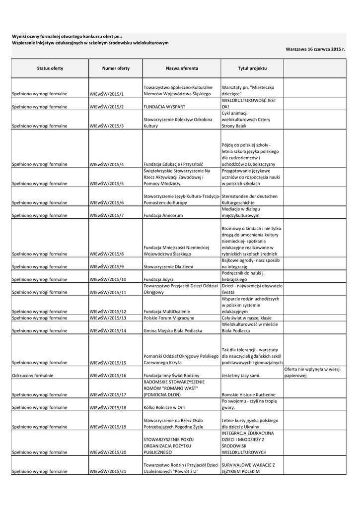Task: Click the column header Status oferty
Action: coord(50,68)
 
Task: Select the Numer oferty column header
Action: coord(116,68)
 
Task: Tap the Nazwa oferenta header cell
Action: coord(182,68)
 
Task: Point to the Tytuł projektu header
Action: coord(252,68)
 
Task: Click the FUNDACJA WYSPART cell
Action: coord(161,107)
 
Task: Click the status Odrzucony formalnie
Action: coord(33,376)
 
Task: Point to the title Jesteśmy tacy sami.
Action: coord(241,376)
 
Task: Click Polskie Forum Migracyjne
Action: coord(169,318)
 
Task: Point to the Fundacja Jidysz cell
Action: coord(158,280)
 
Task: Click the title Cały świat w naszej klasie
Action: coord(247,318)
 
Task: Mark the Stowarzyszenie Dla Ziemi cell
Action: coord(168,267)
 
